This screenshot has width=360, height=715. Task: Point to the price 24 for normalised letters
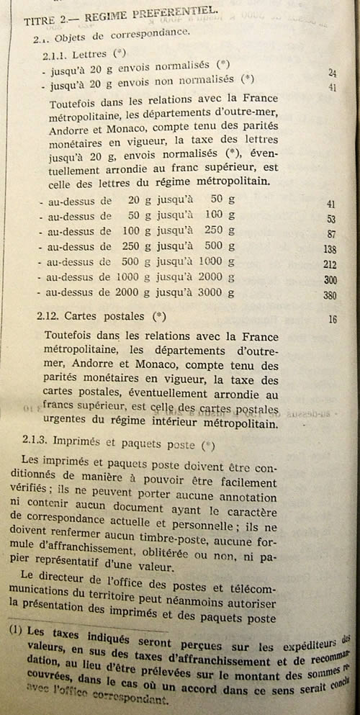332,73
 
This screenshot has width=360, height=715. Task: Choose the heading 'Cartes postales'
105,316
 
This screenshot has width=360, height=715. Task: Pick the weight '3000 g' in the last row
215,293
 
